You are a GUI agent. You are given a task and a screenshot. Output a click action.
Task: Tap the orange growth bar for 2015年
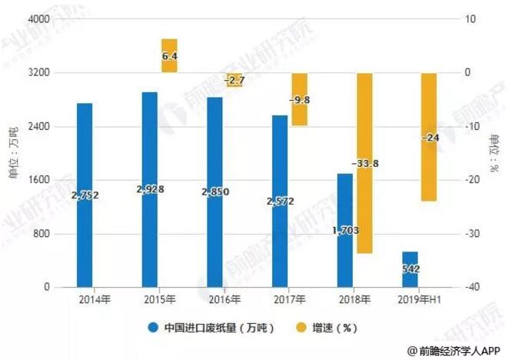tap(169, 55)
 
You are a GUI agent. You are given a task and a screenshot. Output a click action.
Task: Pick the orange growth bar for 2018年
tap(364, 163)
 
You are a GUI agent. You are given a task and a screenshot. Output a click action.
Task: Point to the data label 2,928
tap(151, 188)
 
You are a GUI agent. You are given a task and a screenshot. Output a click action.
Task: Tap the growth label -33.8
tap(364, 164)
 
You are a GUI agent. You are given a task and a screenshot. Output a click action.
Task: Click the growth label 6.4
tap(170, 56)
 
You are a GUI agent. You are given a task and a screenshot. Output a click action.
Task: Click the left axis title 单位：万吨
tap(12, 153)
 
